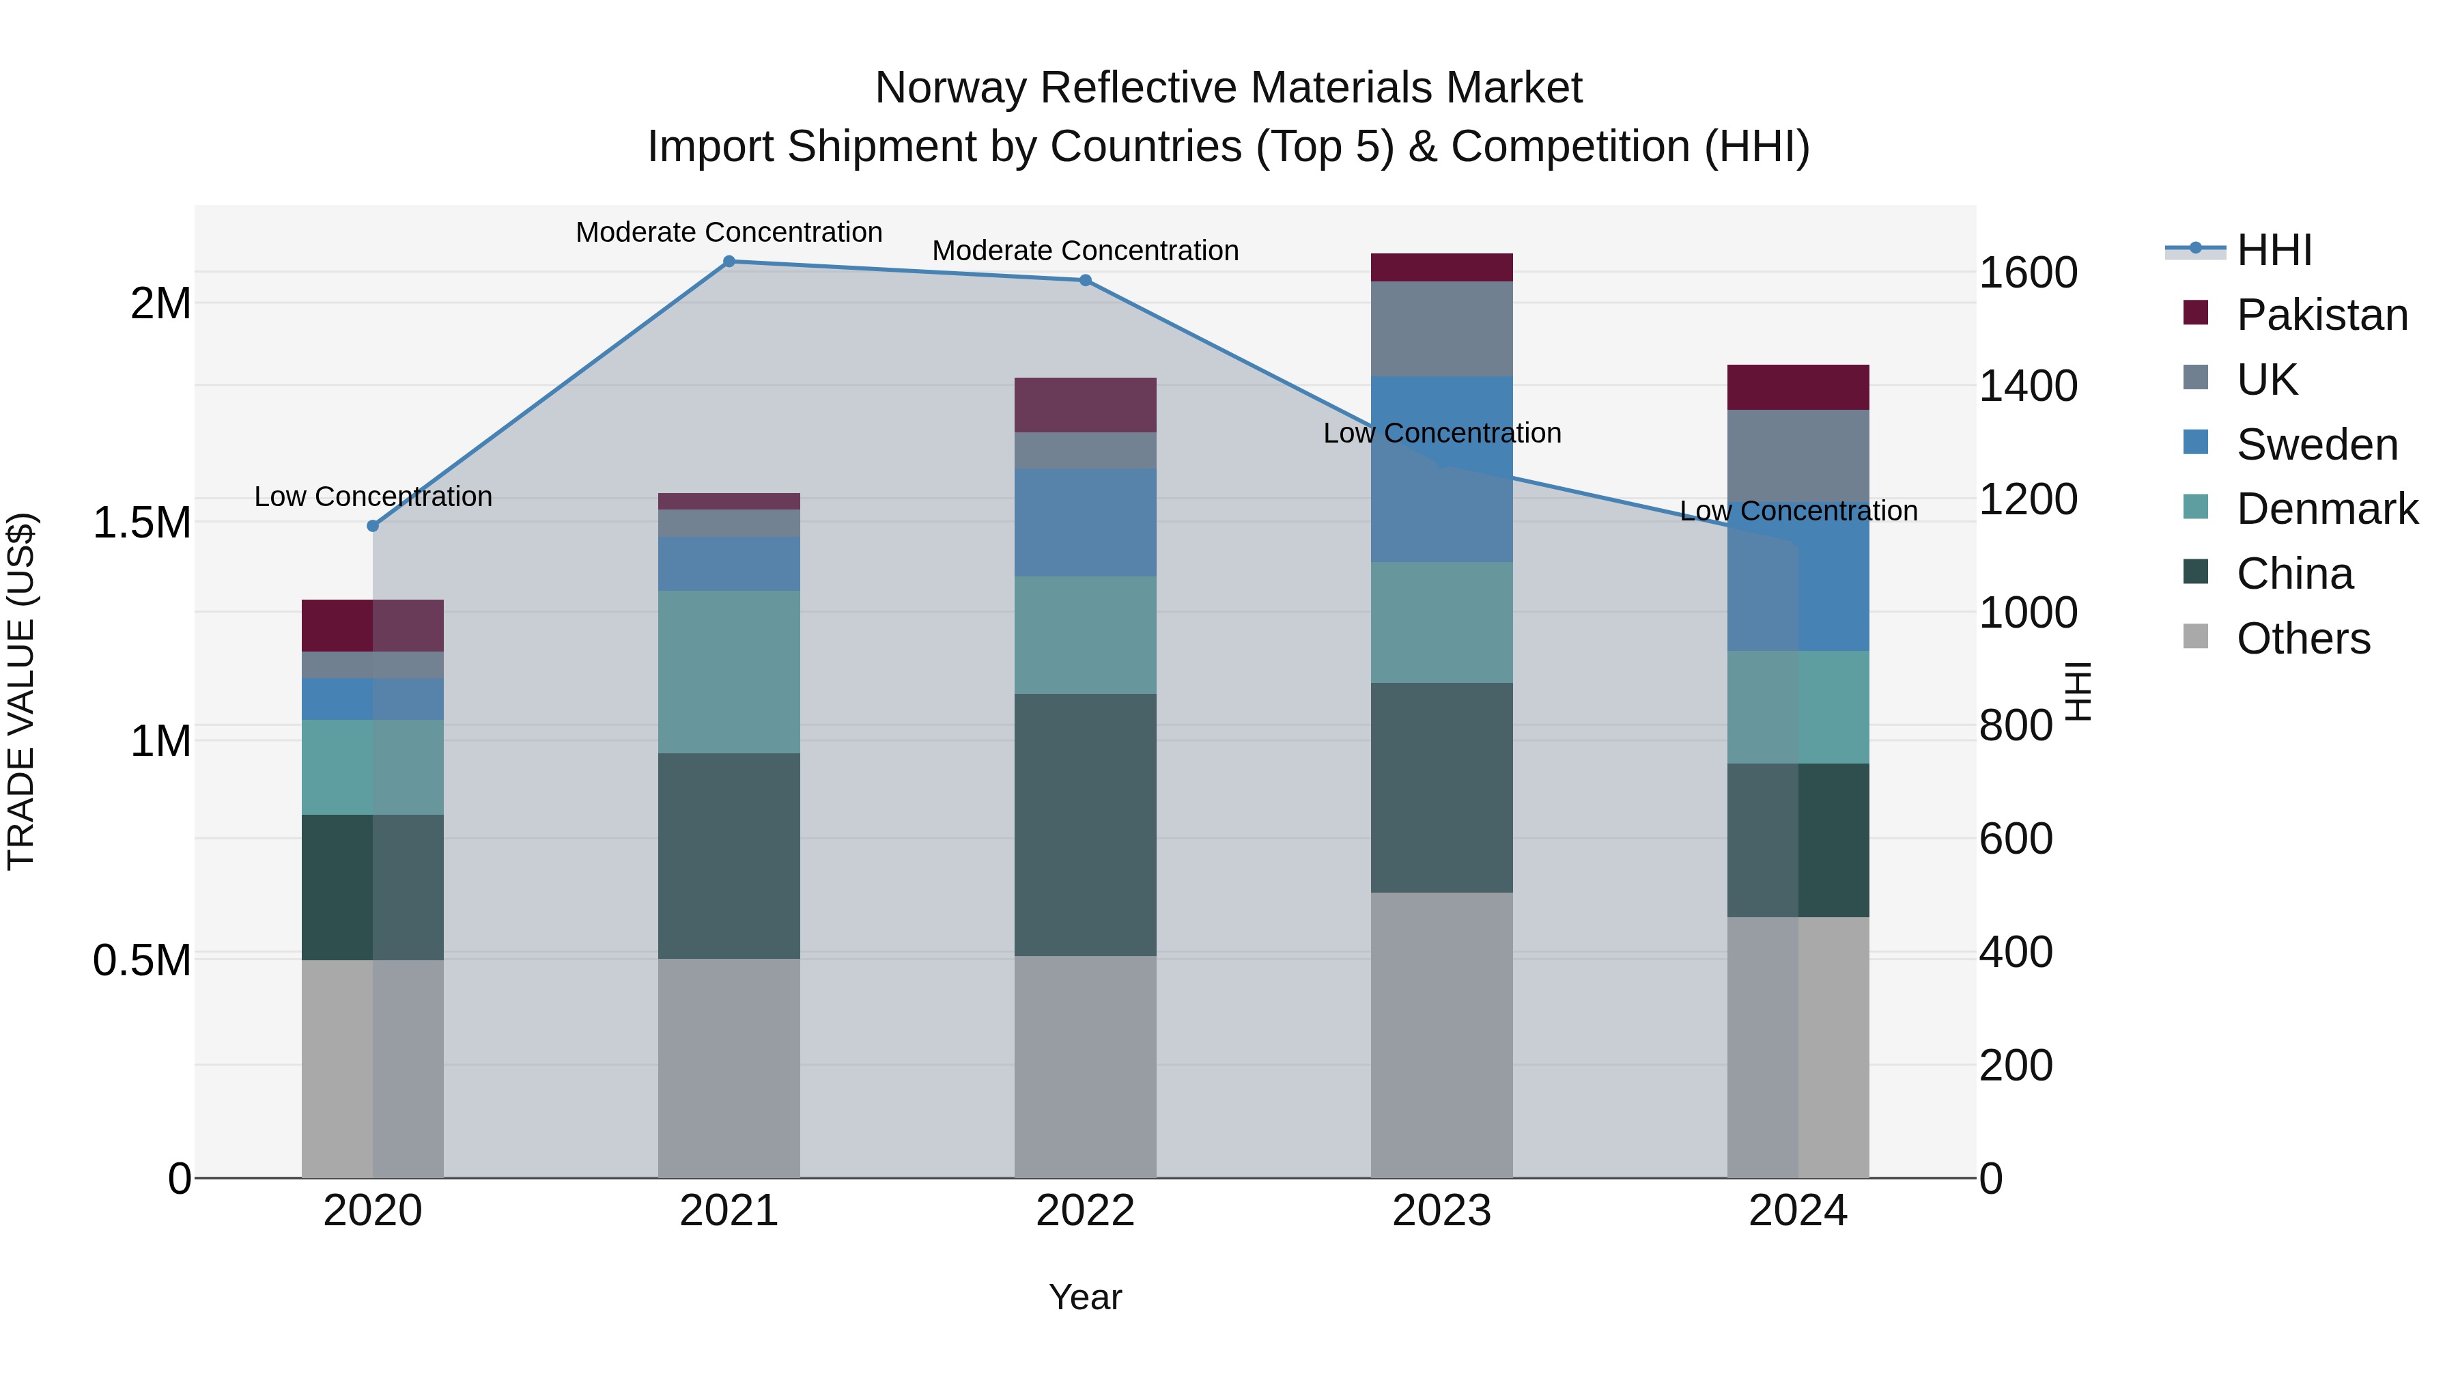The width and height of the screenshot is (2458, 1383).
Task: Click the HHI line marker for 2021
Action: click(x=729, y=261)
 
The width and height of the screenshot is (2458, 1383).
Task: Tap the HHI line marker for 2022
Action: click(x=1085, y=281)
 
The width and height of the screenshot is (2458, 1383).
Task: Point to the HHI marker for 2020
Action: click(x=373, y=526)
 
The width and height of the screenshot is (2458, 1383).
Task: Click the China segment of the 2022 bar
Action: click(x=1085, y=824)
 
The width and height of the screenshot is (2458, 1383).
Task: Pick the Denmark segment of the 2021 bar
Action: click(x=729, y=672)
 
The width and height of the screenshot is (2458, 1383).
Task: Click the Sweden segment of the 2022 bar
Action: click(x=1085, y=522)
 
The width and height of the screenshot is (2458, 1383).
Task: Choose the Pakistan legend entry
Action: click(x=2321, y=315)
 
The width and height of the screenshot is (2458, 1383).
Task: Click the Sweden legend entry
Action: click(x=2316, y=445)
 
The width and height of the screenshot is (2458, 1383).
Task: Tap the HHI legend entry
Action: click(x=2273, y=250)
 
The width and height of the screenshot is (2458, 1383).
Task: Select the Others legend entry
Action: click(x=2302, y=639)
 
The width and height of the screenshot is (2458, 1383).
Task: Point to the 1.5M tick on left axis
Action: click(x=141, y=523)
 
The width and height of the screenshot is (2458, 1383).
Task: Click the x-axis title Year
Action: click(x=1085, y=1297)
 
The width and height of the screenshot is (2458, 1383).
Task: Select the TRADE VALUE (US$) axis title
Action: click(x=21, y=691)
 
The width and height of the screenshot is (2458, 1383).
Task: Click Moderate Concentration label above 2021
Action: click(x=729, y=232)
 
